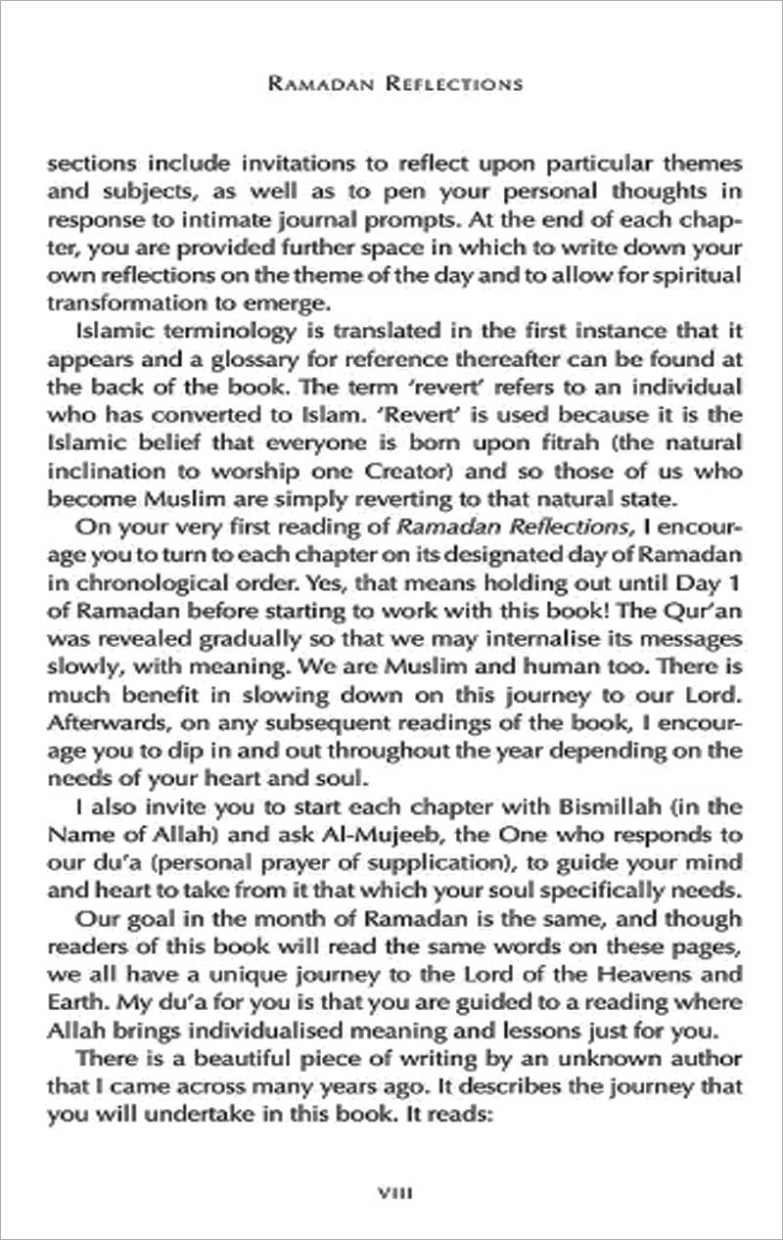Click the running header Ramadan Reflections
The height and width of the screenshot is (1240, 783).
tap(394, 84)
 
